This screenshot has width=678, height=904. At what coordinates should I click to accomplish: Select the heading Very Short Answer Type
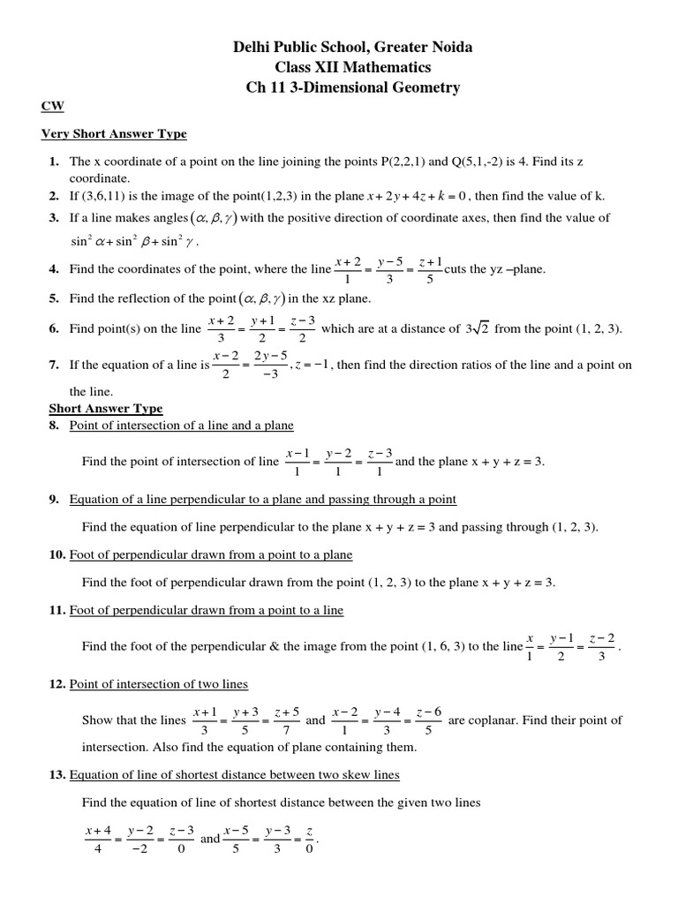pyautogui.click(x=114, y=134)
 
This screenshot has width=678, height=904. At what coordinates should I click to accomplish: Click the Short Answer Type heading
pyautogui.click(x=105, y=409)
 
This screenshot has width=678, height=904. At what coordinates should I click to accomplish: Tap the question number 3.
pyautogui.click(x=54, y=217)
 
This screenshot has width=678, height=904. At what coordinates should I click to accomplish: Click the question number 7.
pyautogui.click(x=54, y=365)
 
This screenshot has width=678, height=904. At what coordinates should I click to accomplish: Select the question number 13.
pyautogui.click(x=56, y=775)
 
